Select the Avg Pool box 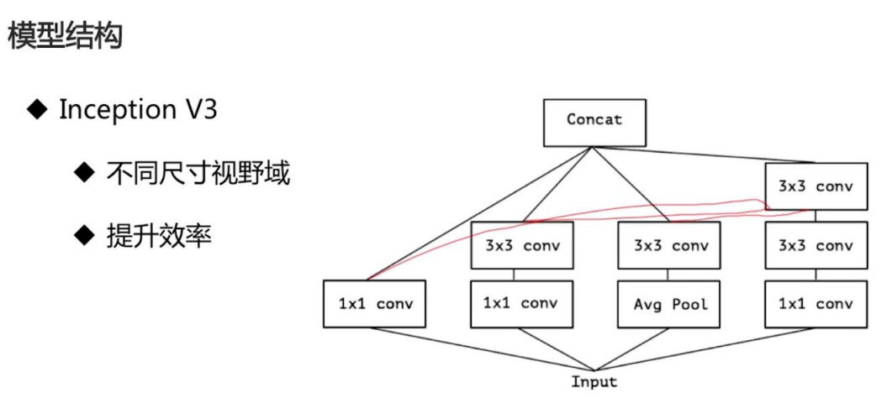tap(670, 304)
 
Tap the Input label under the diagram tap(594, 382)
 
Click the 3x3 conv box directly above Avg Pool tap(670, 246)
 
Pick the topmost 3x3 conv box tap(815, 186)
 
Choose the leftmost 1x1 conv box tap(375, 304)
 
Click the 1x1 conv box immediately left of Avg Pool tap(522, 303)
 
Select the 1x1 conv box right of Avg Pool tap(815, 304)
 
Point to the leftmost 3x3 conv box tap(522, 246)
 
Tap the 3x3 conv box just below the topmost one tap(815, 246)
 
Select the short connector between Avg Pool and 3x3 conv tap(670, 275)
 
